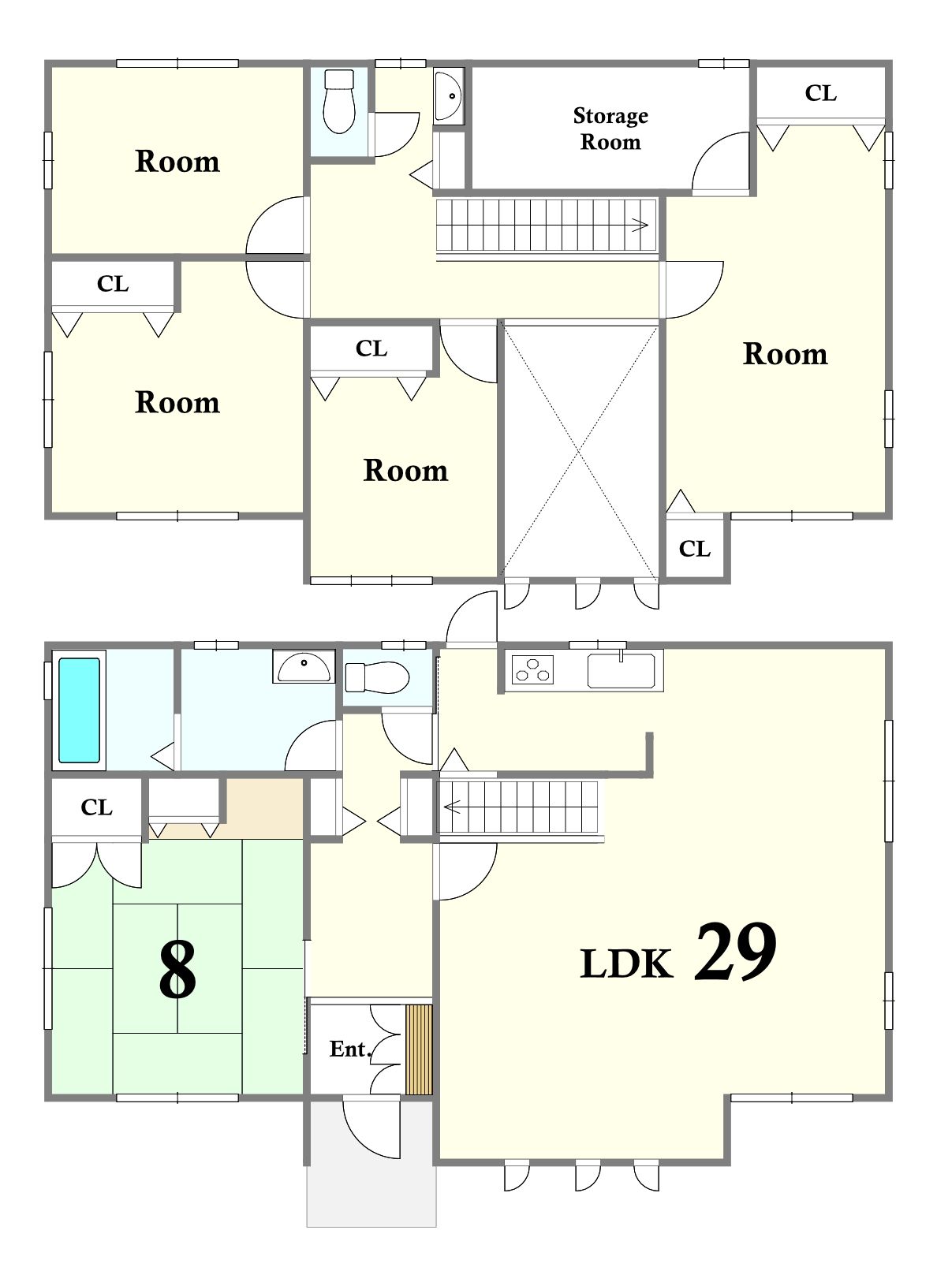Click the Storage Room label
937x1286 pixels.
point(610,129)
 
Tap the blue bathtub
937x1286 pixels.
point(79,710)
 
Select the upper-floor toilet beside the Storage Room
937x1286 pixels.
point(338,102)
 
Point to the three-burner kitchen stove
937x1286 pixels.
point(532,669)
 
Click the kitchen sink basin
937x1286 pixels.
point(622,670)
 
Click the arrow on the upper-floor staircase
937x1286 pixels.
point(640,225)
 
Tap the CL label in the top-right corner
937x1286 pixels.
point(820,93)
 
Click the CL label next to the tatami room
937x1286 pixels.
point(96,807)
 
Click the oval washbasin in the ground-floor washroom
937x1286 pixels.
point(304,667)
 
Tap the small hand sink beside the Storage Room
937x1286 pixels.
point(449,95)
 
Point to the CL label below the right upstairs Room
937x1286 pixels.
point(695,549)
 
